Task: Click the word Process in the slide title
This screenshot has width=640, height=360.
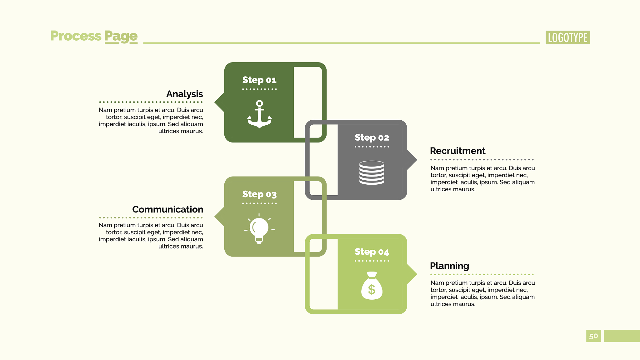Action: tap(76, 36)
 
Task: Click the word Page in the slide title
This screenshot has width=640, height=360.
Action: tap(121, 37)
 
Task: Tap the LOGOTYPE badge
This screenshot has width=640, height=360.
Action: tap(567, 37)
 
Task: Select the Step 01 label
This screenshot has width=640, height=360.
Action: tap(259, 80)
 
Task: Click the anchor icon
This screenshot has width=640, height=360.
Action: tap(259, 114)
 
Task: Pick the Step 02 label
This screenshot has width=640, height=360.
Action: tap(372, 138)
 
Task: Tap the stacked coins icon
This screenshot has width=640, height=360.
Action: tap(372, 172)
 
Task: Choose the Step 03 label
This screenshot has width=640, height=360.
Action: tap(259, 195)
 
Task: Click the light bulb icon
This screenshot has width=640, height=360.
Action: tap(259, 229)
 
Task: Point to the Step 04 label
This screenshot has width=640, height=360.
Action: tap(372, 252)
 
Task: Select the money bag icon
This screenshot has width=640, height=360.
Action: tap(372, 286)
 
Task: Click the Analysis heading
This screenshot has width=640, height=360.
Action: tap(185, 94)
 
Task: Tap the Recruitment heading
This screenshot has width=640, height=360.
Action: tap(457, 151)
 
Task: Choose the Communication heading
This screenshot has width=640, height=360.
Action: tap(167, 209)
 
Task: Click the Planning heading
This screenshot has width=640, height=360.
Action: tap(449, 266)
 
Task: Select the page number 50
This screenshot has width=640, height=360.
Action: tap(593, 336)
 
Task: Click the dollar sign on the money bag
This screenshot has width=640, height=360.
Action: tap(372, 290)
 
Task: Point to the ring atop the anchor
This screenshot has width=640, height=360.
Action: tap(259, 103)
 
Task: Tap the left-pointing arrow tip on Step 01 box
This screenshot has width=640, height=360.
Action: tap(215, 102)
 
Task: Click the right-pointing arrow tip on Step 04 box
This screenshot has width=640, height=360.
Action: tap(417, 274)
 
